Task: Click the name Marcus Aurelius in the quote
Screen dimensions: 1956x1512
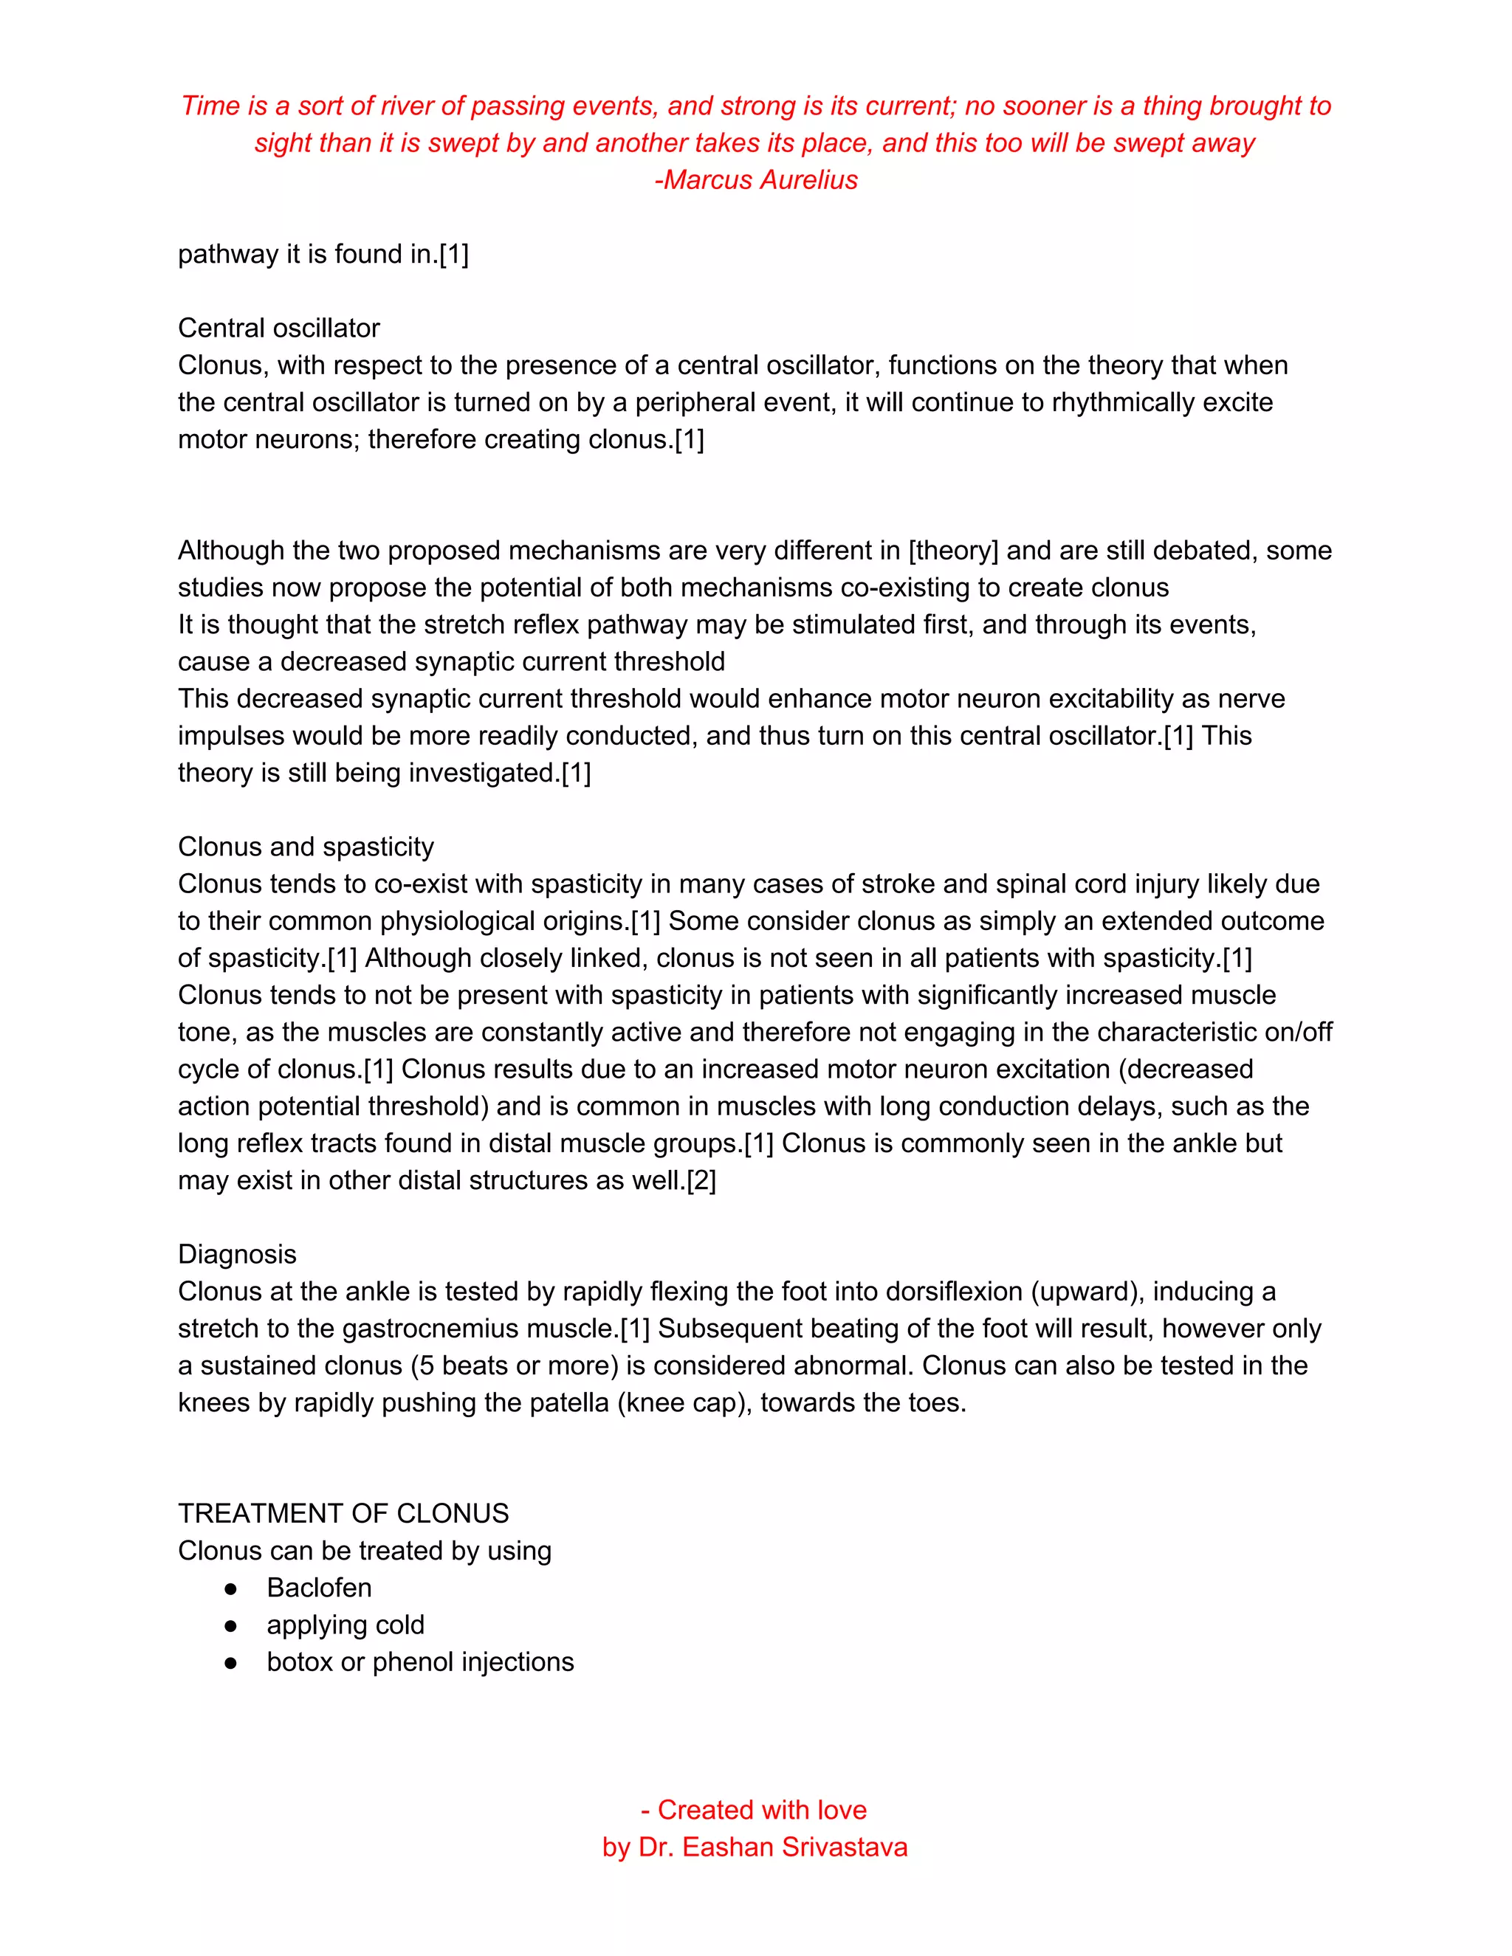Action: (761, 180)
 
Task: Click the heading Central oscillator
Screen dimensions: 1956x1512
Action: (278, 328)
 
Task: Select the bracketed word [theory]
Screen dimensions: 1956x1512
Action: (953, 550)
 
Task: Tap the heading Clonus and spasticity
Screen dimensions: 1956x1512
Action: (306, 847)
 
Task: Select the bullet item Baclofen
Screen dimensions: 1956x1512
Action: (319, 1587)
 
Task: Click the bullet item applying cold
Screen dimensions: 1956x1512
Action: (345, 1624)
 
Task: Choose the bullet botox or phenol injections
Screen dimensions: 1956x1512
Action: (420, 1661)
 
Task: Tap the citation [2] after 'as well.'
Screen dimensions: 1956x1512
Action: (701, 1180)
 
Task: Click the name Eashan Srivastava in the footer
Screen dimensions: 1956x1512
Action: (794, 1847)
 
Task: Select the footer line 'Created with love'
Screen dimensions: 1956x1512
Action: (762, 1809)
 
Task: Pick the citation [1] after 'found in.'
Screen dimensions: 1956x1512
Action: (454, 255)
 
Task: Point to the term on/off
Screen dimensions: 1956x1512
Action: (1299, 1032)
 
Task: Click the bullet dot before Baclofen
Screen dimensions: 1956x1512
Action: (231, 1588)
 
